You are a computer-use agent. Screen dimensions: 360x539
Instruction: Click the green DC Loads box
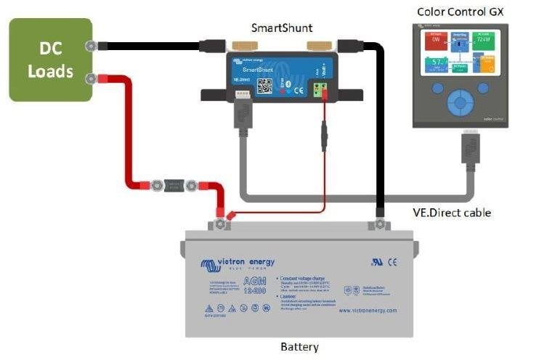[x=51, y=60]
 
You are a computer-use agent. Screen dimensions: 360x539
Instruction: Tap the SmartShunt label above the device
[x=282, y=28]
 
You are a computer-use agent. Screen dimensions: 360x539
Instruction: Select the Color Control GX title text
[x=460, y=12]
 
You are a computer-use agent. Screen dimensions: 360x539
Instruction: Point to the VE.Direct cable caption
[x=447, y=213]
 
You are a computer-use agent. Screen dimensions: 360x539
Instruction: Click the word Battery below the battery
[x=299, y=346]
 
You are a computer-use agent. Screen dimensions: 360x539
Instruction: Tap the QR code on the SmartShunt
[x=265, y=86]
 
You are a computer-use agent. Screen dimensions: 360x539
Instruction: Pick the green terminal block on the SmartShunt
[x=319, y=90]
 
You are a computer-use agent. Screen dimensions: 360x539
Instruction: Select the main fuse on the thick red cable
[x=174, y=185]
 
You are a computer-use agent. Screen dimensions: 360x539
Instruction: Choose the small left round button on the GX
[x=438, y=89]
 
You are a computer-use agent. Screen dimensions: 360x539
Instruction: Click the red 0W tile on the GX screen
[x=434, y=41]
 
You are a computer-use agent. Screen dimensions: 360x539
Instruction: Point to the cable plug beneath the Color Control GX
[x=471, y=148]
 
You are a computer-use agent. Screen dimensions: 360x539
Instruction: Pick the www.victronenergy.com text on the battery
[x=368, y=310]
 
